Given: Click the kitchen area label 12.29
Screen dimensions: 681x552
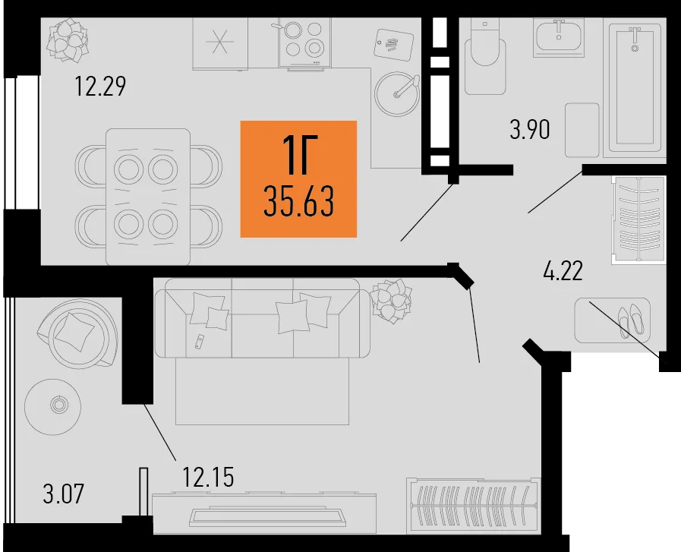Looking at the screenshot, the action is pyautogui.click(x=100, y=86).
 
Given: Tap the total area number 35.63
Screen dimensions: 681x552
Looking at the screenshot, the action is pyautogui.click(x=299, y=200).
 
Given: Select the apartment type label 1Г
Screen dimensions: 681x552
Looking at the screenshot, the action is pyautogui.click(x=300, y=155).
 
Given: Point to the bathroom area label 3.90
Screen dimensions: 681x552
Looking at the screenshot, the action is pyautogui.click(x=530, y=129).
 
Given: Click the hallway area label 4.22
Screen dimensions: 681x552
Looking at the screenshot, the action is pyautogui.click(x=563, y=271).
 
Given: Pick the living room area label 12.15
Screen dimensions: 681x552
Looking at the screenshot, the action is pyautogui.click(x=208, y=477).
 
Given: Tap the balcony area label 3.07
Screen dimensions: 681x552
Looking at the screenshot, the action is pyautogui.click(x=64, y=494).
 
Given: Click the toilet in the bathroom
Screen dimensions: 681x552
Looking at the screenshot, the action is pyautogui.click(x=485, y=56).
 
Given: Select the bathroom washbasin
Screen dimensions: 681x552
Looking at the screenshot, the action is pyautogui.click(x=559, y=37).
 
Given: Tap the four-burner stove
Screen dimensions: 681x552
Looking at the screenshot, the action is pyautogui.click(x=304, y=43).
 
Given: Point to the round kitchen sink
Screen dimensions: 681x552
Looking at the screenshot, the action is pyautogui.click(x=397, y=94).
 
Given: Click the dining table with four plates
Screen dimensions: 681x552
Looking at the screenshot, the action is pyautogui.click(x=148, y=197).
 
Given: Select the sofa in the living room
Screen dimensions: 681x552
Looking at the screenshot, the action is pyautogui.click(x=263, y=318).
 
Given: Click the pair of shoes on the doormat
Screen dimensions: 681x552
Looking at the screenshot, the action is pyautogui.click(x=631, y=321).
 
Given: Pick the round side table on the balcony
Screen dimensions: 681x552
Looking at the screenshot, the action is pyautogui.click(x=52, y=407).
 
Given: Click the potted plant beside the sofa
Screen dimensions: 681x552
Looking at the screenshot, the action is pyautogui.click(x=391, y=301).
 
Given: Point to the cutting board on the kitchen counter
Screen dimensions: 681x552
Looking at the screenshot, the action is pyautogui.click(x=393, y=45).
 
